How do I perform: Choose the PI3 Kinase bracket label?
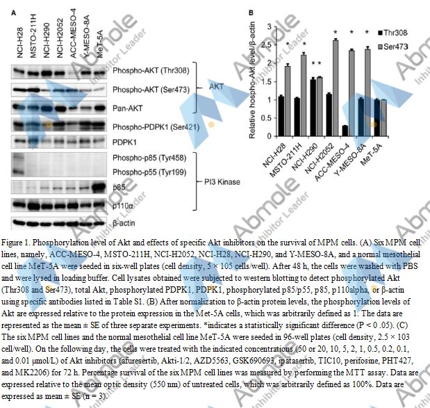(x=218, y=182)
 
